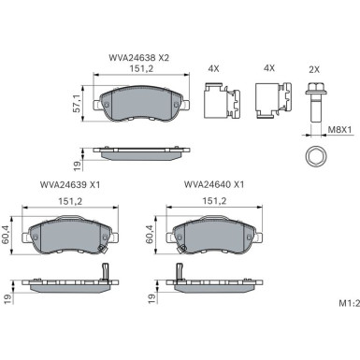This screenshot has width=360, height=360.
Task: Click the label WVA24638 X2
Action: tap(138, 58)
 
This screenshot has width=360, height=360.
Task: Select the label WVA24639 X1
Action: tap(70, 184)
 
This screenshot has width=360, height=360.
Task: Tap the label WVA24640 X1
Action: tap(214, 184)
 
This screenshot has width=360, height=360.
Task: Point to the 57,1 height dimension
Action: tap(77, 103)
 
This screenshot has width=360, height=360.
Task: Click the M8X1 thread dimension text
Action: tap(339, 129)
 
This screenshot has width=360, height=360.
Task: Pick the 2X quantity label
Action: tap(314, 69)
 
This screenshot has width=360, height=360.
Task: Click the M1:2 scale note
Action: tap(350, 303)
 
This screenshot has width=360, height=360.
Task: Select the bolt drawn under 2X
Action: tap(315, 102)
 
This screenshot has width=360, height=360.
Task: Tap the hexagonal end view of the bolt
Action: tap(315, 157)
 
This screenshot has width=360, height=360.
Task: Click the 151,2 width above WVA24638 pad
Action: tap(141, 69)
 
